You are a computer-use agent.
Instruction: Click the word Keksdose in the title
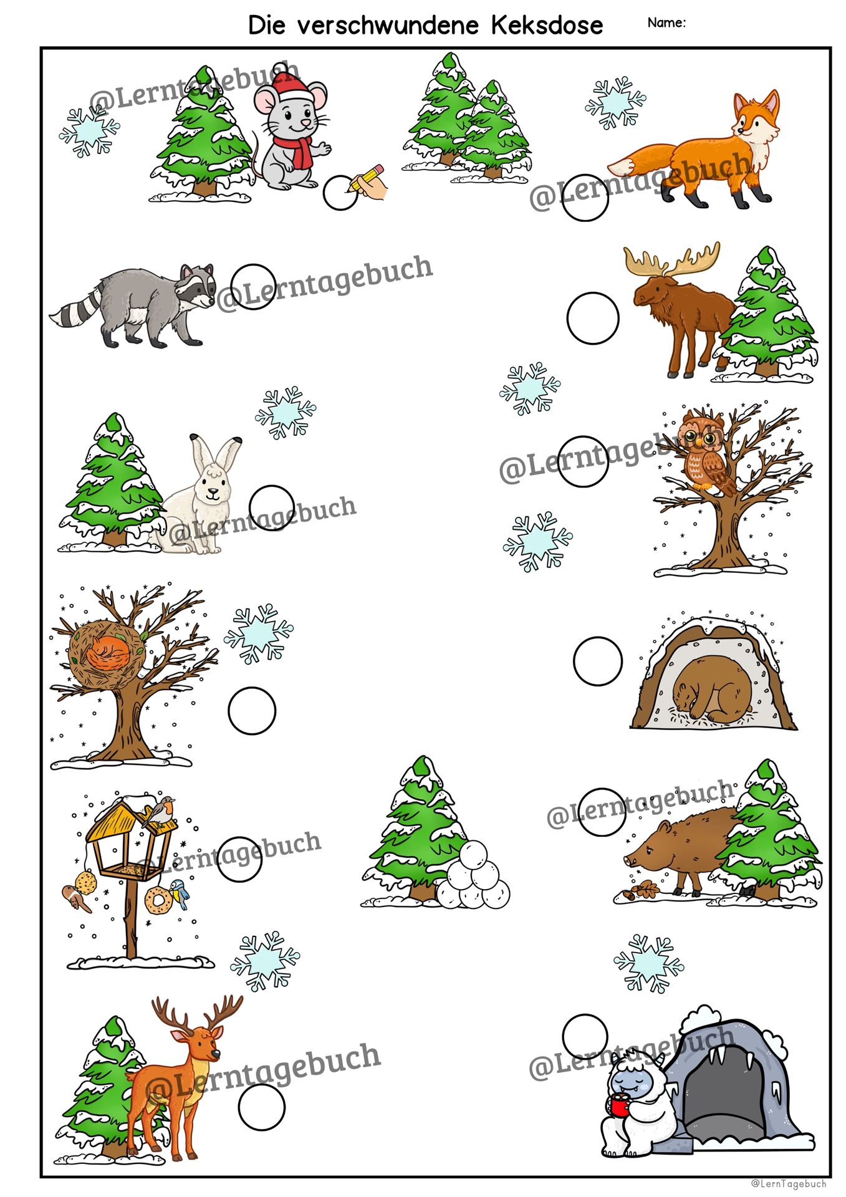point(547,25)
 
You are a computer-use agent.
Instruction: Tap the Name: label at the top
point(666,22)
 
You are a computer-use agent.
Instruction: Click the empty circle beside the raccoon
point(253,286)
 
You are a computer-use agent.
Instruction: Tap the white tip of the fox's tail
point(618,166)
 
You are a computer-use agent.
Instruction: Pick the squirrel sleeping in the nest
point(108,654)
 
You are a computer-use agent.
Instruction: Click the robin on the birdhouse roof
point(160,811)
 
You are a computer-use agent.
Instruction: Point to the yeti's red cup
point(619,1106)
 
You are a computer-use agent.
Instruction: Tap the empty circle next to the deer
point(261,1107)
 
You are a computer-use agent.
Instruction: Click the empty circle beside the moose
point(593,318)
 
